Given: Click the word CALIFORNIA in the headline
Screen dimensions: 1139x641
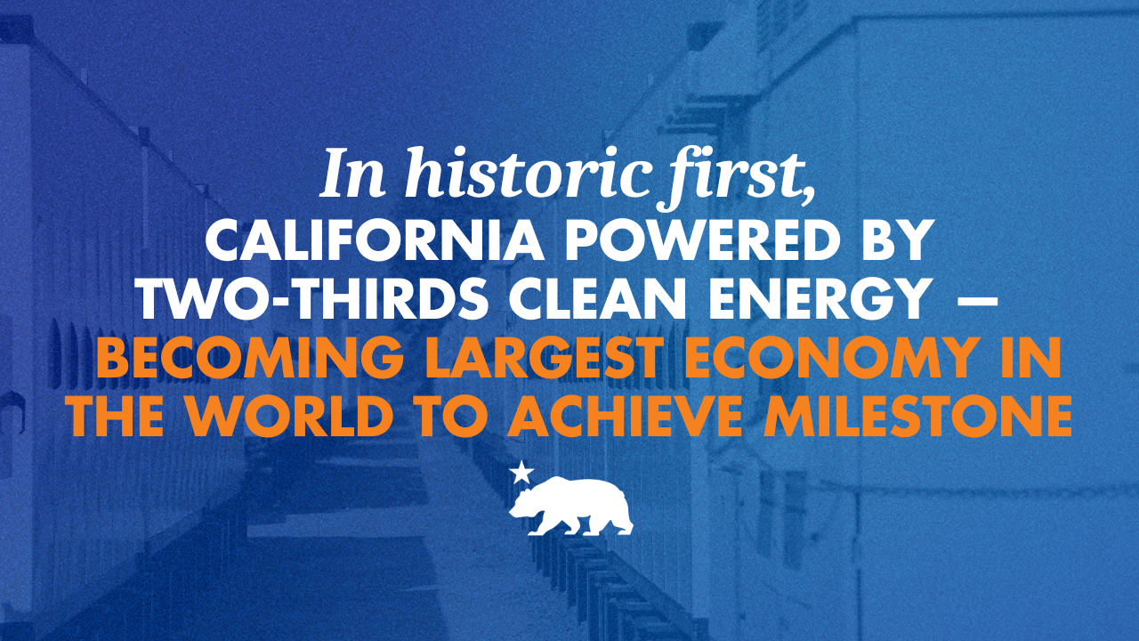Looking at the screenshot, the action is (375, 240).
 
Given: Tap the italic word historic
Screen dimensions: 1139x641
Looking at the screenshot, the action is (525, 173).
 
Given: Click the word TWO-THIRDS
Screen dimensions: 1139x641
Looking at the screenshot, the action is (314, 299).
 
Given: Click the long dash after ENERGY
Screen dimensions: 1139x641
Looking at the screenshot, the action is (973, 301).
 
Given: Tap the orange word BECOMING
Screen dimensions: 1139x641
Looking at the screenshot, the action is (252, 358).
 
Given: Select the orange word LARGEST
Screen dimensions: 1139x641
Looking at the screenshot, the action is (545, 358).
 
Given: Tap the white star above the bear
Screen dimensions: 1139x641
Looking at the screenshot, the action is (521, 473).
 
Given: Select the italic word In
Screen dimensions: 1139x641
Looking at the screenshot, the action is (351, 173).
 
